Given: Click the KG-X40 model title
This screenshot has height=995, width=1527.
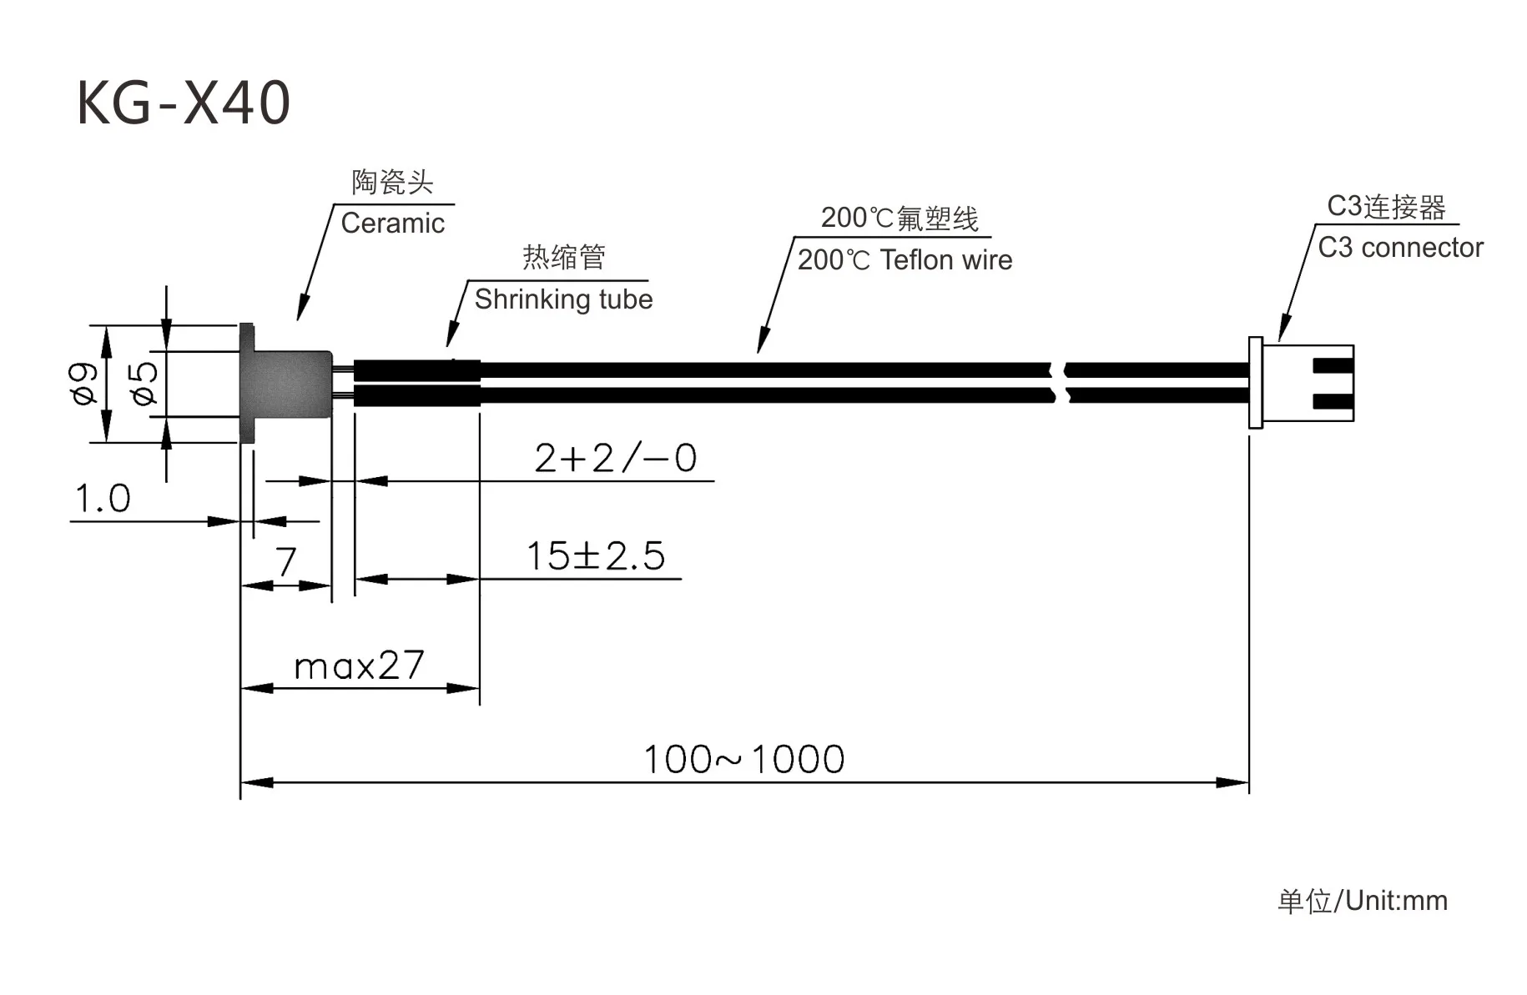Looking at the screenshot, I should [184, 103].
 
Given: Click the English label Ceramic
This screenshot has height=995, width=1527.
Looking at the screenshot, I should [392, 224].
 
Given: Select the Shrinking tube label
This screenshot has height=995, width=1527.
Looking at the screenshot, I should [563, 299].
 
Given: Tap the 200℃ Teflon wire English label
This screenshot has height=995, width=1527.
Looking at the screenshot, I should [905, 260].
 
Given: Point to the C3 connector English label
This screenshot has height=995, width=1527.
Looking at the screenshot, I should [1400, 248].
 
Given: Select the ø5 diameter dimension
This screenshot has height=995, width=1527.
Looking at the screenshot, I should [144, 384].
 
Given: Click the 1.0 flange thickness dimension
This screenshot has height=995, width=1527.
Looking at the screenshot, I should [103, 499].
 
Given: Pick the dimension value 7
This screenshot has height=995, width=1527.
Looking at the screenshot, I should [286, 561].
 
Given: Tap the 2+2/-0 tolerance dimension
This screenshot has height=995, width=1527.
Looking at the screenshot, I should [615, 458].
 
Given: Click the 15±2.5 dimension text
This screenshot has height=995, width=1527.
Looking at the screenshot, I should [595, 556].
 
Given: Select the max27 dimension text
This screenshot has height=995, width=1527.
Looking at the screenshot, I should [359, 666].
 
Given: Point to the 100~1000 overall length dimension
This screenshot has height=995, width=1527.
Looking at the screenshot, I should [743, 760].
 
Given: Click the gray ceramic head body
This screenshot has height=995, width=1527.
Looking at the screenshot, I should [288, 384].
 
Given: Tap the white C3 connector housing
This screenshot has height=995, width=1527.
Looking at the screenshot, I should [1302, 383].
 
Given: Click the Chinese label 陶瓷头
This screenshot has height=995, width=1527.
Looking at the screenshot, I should [392, 182].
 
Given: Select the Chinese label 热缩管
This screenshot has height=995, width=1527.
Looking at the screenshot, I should [564, 257].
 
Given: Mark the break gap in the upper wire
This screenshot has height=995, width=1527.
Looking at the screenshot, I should [1058, 369].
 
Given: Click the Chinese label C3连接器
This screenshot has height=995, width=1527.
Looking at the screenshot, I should [1386, 207].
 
